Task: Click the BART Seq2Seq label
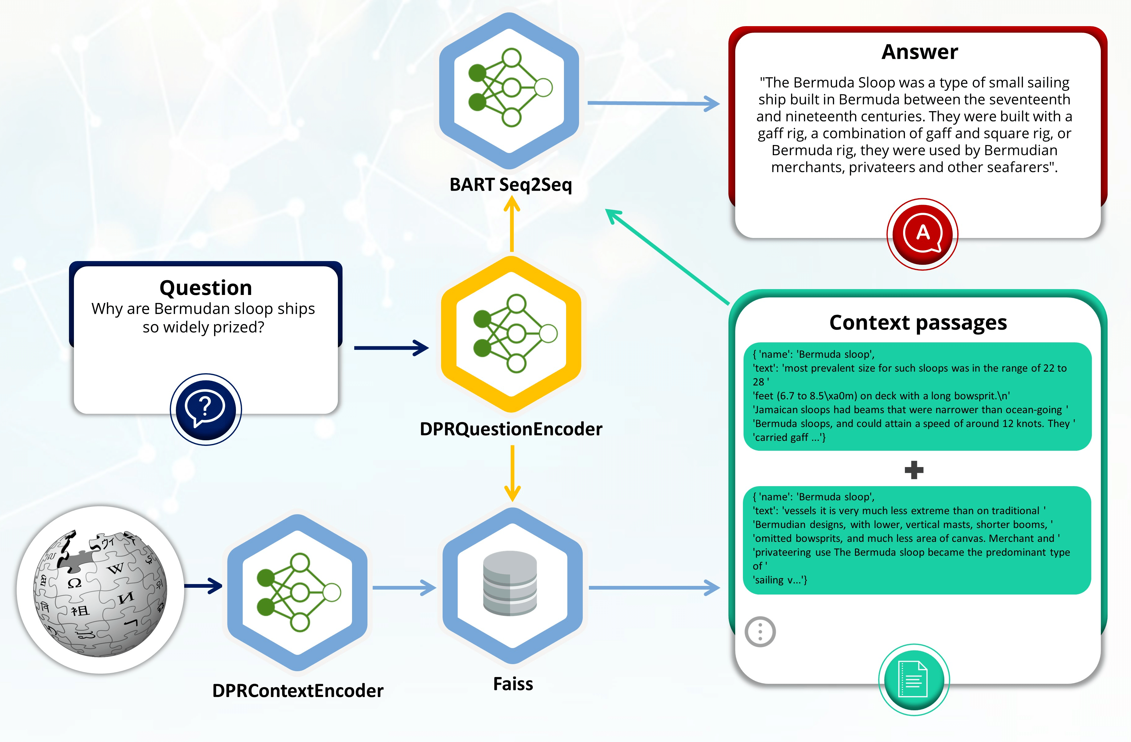tap(511, 185)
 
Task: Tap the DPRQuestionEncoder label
tap(511, 429)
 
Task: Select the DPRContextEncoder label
tap(298, 691)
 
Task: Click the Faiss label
tap(513, 684)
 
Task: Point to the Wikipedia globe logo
tap(100, 590)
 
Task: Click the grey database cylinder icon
tap(510, 583)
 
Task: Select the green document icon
tap(914, 679)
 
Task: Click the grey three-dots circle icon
tap(760, 632)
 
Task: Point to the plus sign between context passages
tap(914, 470)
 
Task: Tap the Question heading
tap(206, 288)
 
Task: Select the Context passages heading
tap(918, 323)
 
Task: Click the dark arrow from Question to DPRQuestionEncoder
tap(391, 348)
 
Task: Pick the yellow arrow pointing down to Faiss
tap(512, 473)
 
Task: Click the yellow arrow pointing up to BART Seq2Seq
tap(512, 224)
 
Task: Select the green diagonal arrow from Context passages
tap(667, 256)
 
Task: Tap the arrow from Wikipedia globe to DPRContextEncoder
tap(203, 586)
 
